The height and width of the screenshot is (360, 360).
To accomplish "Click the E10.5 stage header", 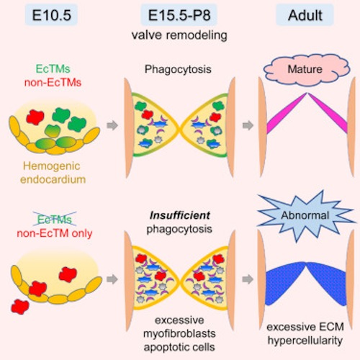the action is tap(51, 15).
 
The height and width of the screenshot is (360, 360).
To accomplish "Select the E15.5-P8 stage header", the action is tap(179, 15).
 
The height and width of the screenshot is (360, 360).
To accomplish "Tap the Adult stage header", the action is tap(305, 15).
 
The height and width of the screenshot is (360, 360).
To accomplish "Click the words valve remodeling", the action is tap(179, 35).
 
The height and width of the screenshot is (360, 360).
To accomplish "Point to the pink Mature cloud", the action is tap(307, 69).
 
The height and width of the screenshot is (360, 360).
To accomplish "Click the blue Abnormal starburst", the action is tap(305, 215).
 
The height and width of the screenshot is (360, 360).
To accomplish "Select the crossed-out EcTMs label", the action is tap(55, 219).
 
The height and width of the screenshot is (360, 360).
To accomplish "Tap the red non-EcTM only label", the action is tap(55, 233).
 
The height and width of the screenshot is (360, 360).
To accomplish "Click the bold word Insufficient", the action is tap(180, 215).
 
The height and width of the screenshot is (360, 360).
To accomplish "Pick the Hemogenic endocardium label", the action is tap(53, 173).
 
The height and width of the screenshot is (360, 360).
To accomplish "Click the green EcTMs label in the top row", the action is tap(53, 69).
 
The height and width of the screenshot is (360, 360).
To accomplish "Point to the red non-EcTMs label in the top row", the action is tap(53, 83).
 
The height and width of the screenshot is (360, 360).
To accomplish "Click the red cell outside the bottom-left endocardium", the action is tap(20, 307).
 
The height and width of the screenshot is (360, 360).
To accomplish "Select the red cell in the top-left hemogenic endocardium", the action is tap(35, 117).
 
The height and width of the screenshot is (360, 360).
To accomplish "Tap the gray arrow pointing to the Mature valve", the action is tap(248, 125).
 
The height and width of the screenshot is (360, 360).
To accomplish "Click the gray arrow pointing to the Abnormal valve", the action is tap(248, 279).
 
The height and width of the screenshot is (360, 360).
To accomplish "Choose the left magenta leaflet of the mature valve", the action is tap(286, 114).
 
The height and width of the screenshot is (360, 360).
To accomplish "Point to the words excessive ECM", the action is tap(305, 327).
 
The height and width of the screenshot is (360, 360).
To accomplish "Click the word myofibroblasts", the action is tap(179, 333).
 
